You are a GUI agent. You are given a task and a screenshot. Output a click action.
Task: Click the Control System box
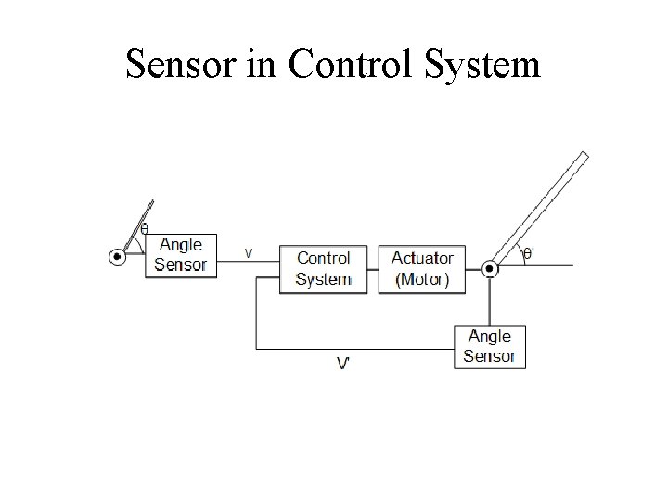pos(324,269)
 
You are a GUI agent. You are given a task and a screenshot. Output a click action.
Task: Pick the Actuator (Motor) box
pos(422,269)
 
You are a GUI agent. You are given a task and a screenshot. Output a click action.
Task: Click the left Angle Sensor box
pos(180,254)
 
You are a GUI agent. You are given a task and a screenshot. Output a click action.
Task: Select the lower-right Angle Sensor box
pos(490,346)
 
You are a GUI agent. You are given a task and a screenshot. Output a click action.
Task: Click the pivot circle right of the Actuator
pos(490,269)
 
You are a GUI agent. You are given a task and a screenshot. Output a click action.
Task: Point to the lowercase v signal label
pos(249,250)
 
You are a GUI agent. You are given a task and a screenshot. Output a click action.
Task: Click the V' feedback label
pos(343,364)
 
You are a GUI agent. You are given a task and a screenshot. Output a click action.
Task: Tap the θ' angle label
pos(528,252)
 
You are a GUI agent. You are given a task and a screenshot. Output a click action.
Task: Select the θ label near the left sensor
pos(144,229)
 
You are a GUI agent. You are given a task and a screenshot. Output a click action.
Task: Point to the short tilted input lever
pos(137,229)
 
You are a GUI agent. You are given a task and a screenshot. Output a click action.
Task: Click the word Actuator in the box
pos(422,259)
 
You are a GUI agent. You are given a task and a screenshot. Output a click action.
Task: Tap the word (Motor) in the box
pos(422,279)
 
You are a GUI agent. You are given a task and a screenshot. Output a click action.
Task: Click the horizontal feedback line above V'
pos(353,349)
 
